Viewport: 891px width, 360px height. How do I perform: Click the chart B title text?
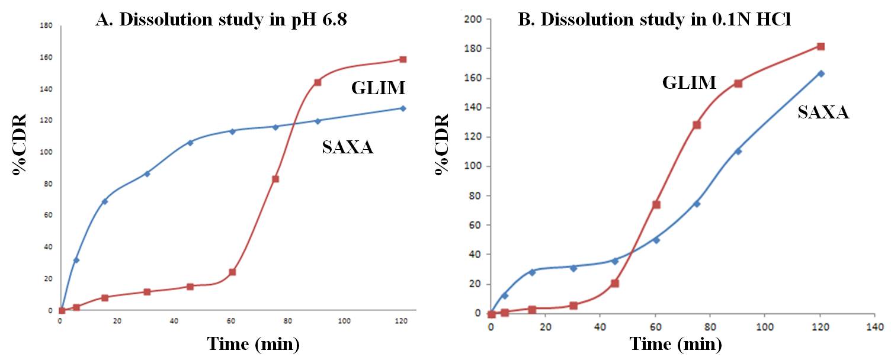click(655, 19)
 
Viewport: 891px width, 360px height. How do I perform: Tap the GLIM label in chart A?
click(378, 89)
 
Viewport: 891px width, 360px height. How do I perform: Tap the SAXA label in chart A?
click(348, 147)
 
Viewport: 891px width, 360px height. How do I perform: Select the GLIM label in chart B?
click(690, 83)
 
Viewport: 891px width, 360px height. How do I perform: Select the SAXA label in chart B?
click(823, 112)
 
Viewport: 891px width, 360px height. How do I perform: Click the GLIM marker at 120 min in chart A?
click(403, 59)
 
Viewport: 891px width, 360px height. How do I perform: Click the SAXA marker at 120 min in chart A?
click(403, 108)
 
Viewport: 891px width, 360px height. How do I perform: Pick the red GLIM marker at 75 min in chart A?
click(275, 179)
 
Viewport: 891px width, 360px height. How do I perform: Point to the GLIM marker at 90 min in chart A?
click(318, 82)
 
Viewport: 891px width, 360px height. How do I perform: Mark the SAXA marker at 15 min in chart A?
click(105, 201)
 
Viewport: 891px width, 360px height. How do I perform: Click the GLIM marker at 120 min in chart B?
click(821, 46)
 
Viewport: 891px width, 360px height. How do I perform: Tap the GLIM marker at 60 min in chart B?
click(656, 205)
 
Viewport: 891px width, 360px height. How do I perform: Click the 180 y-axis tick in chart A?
click(47, 26)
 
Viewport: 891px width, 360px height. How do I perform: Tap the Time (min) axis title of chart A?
click(254, 343)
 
